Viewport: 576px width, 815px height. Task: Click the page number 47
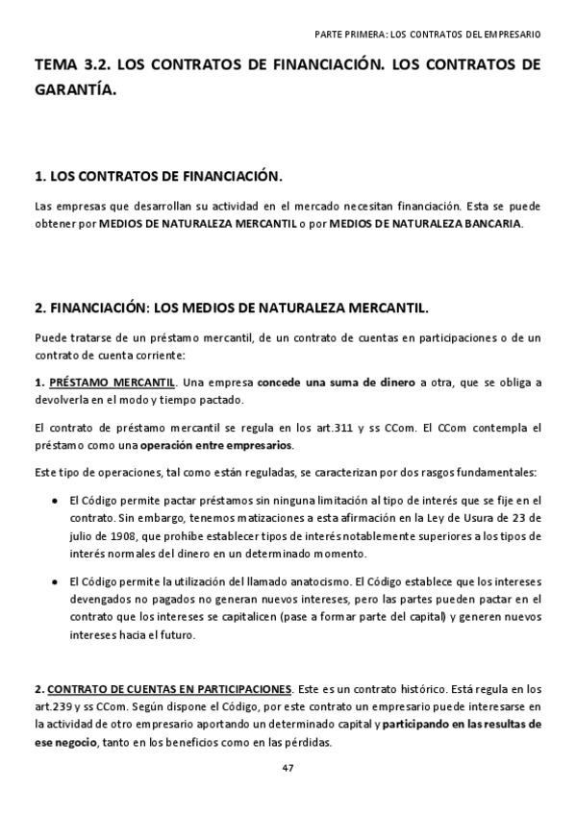tap(288, 767)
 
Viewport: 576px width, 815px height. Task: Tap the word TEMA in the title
tap(56, 66)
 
